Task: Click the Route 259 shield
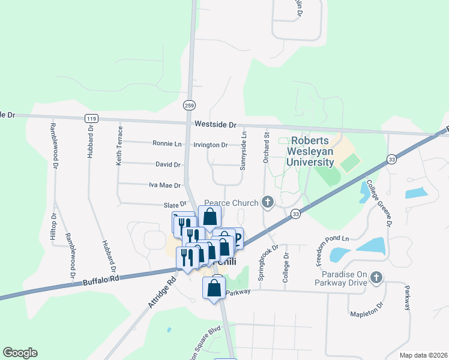[189, 104]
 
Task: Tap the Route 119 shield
[91, 119]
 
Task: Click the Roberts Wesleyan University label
[310, 151]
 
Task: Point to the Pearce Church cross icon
[268, 203]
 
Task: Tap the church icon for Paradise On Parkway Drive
[376, 277]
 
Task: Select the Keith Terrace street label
[120, 146]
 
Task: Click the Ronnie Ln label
[167, 144]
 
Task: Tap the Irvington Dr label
[210, 145]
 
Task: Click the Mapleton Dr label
[367, 310]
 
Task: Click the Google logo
[20, 353]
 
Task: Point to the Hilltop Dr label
[53, 228]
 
